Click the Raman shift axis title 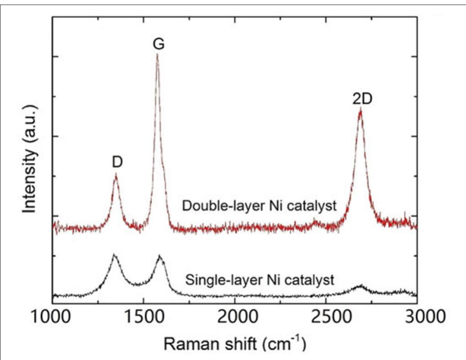click(234, 342)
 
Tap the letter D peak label click(117, 162)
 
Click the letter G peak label click(158, 44)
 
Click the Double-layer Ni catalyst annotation click(259, 206)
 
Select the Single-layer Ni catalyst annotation click(260, 279)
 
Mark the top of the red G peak click(157, 55)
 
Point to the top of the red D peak click(116, 175)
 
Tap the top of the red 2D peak click(360, 110)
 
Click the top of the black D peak click(114, 255)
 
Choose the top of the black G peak click(159, 256)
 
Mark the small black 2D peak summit click(360, 286)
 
